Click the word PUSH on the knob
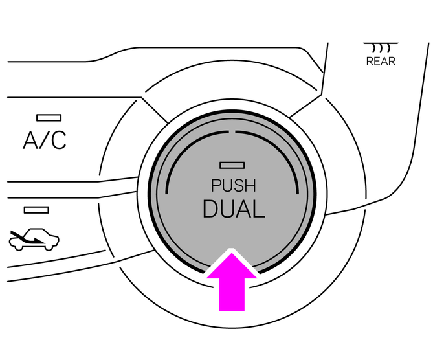coord(234,186)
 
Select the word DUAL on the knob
coord(234,209)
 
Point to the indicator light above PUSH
coord(230,165)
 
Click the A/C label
coord(44,141)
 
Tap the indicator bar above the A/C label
coord(49,118)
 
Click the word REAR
coord(381,62)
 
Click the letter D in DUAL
coord(210,209)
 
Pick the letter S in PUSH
coord(239,186)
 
